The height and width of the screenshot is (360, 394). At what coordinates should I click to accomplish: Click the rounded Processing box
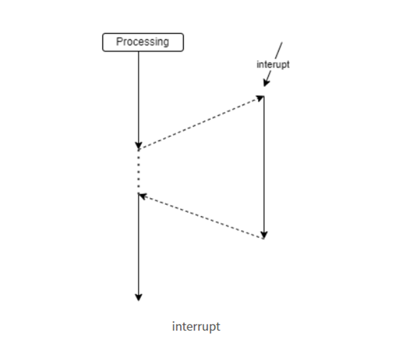pyautogui.click(x=143, y=42)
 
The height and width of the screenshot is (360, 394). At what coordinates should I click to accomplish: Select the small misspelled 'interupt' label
pyautogui.click(x=273, y=64)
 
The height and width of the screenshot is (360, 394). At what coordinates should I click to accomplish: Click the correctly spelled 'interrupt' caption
pyautogui.click(x=196, y=327)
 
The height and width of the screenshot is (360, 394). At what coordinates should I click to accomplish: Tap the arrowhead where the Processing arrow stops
pyautogui.click(x=138, y=145)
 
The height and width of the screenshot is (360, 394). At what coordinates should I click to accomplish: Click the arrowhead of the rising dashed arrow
pyautogui.click(x=260, y=98)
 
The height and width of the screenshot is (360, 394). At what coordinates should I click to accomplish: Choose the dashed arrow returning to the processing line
pyautogui.click(x=200, y=216)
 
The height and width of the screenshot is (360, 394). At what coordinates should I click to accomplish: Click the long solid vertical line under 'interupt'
pyautogui.click(x=264, y=166)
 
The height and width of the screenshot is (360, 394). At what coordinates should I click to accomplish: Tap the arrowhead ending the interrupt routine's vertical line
pyautogui.click(x=264, y=235)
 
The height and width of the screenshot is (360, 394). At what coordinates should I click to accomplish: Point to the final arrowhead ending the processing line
pyautogui.click(x=138, y=296)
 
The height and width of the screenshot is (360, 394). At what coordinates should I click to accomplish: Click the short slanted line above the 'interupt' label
pyautogui.click(x=279, y=49)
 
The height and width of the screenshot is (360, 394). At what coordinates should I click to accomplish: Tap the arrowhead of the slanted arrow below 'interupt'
pyautogui.click(x=265, y=84)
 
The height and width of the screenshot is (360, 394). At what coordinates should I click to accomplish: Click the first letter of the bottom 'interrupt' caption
pyautogui.click(x=173, y=326)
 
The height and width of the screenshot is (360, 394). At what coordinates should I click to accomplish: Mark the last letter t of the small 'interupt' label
pyautogui.click(x=288, y=64)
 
